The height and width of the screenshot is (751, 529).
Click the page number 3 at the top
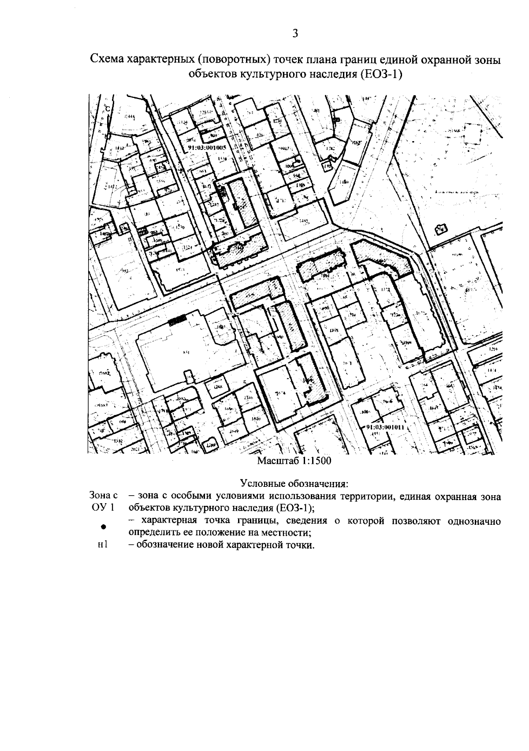click(x=296, y=34)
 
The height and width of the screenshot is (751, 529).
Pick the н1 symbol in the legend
click(x=103, y=545)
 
